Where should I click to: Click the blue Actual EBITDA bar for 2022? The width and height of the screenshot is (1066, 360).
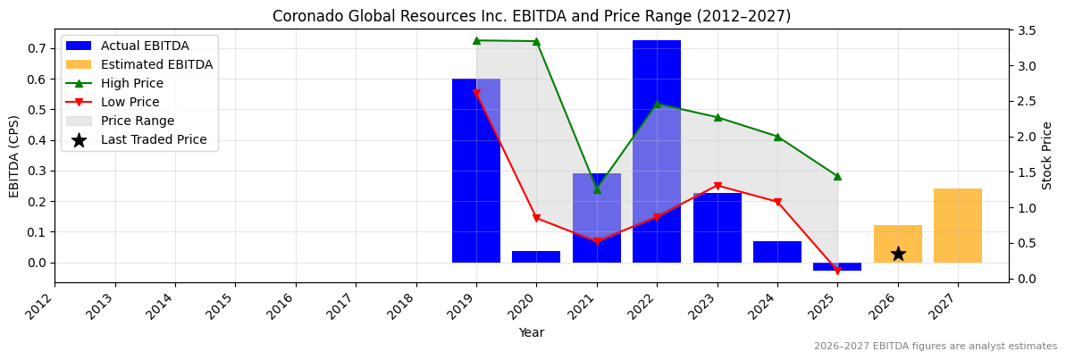[657, 152]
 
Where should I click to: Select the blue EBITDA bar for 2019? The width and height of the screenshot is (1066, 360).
[476, 171]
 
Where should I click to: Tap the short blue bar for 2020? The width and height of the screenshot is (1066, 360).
[536, 256]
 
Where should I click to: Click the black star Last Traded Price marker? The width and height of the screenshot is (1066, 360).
[898, 254]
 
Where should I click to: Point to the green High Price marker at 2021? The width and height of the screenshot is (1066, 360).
[597, 189]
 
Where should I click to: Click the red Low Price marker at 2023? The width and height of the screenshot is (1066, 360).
[718, 186]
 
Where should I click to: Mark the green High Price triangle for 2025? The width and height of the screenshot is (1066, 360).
[837, 176]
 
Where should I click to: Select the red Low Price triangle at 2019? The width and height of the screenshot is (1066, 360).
[476, 93]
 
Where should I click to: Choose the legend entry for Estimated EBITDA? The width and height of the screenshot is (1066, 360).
[156, 64]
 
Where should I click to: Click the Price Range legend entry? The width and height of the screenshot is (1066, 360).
[137, 121]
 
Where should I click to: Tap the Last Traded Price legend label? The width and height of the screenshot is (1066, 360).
[154, 139]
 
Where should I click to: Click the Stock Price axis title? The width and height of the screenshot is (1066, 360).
[1047, 155]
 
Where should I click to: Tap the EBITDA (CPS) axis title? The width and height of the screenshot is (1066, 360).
[14, 155]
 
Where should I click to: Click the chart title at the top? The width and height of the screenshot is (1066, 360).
[532, 16]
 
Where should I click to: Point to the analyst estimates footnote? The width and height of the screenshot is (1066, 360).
[935, 347]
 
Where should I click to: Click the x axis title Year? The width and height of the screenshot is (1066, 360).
[532, 332]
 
